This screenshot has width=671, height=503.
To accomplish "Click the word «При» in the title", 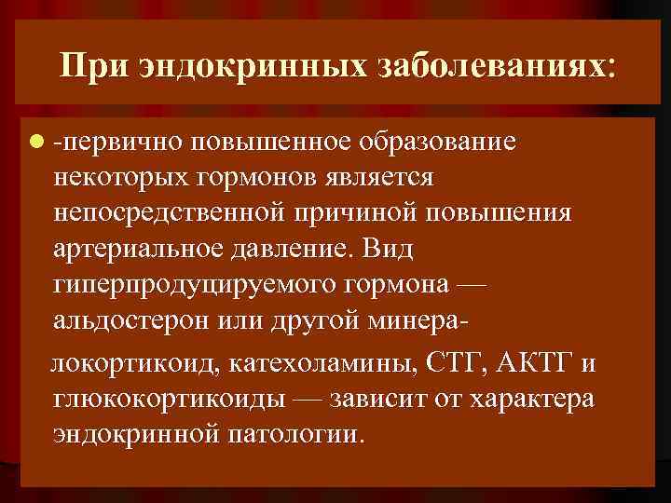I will tap(90, 66).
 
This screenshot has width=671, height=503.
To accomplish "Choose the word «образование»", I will tap(438, 143).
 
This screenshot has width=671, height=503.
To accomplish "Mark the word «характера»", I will tap(529, 398).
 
